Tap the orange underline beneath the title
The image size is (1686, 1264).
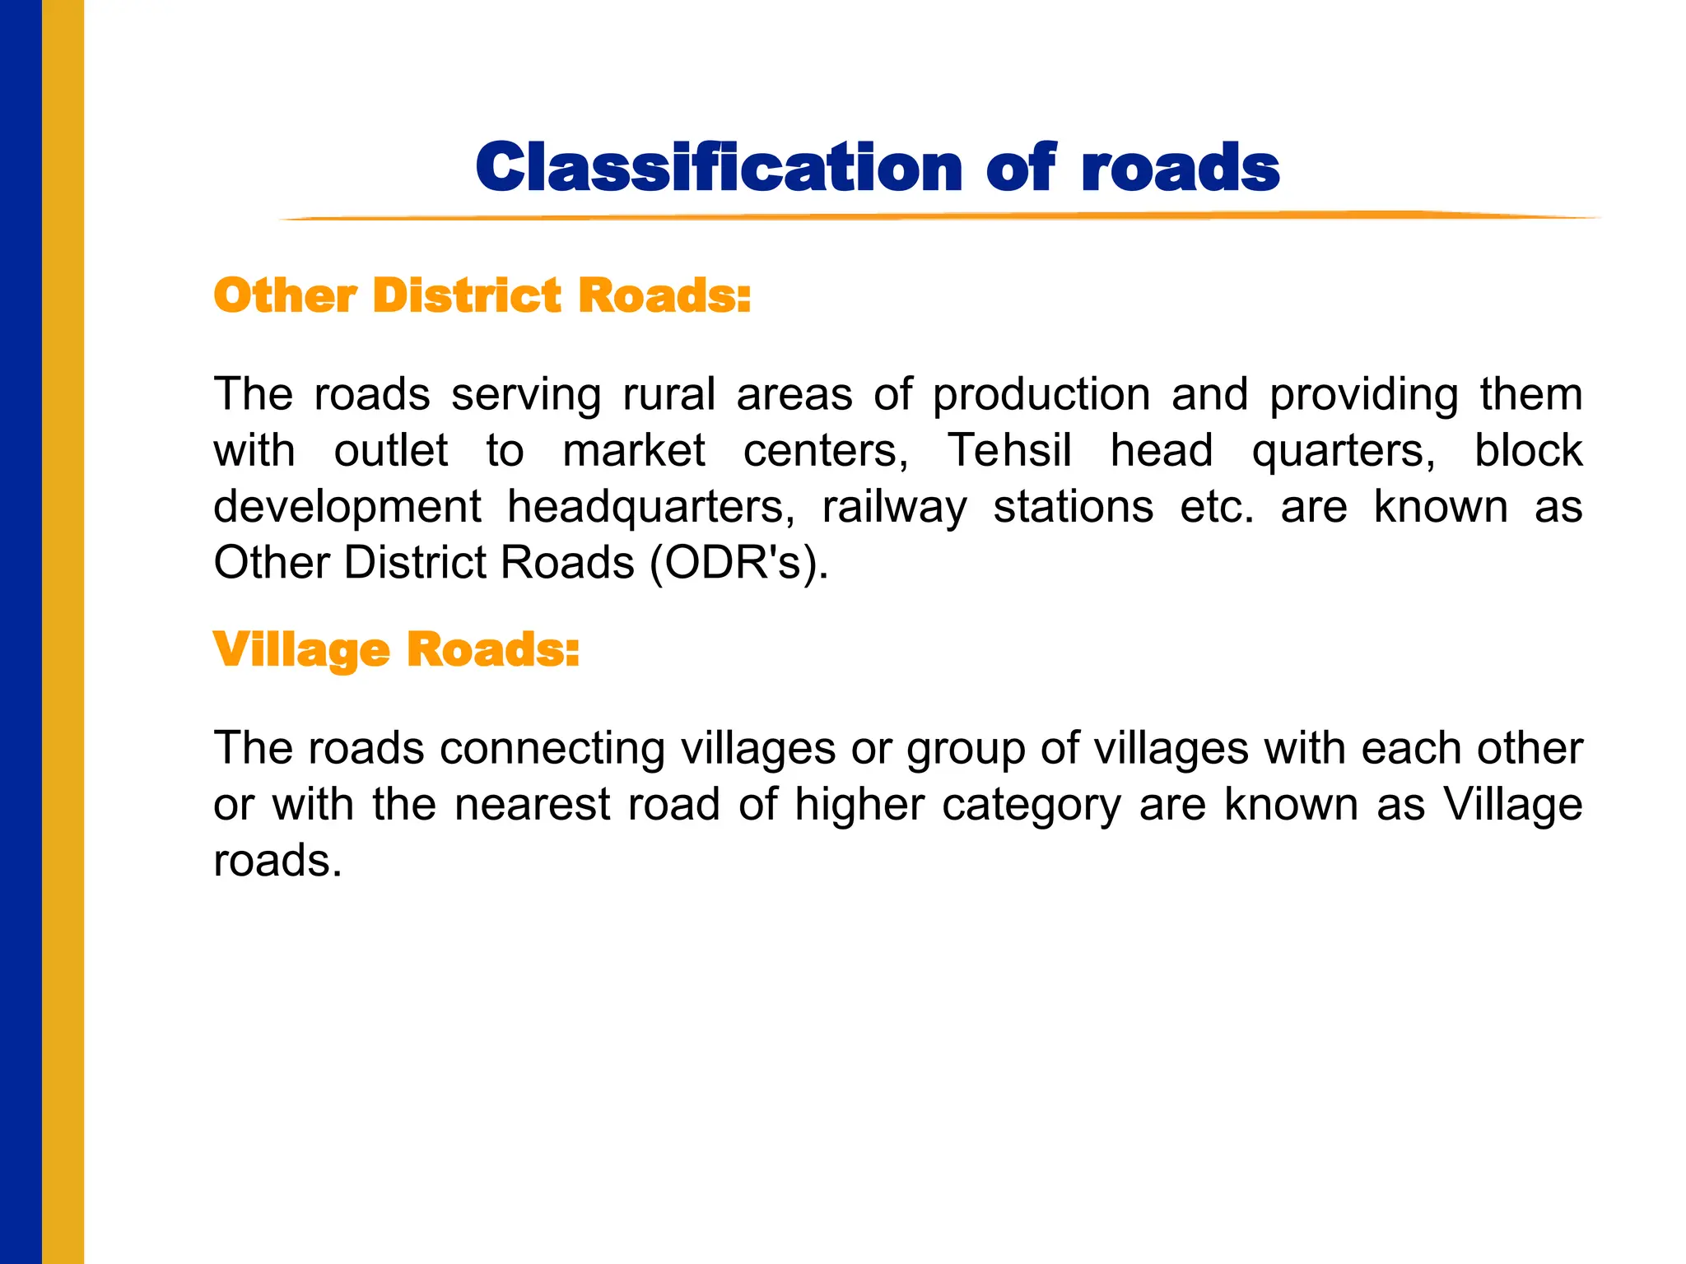(938, 217)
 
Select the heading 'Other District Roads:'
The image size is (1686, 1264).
(482, 295)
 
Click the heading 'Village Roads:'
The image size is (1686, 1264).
(396, 650)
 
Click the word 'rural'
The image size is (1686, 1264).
(668, 394)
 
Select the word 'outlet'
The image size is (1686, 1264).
(391, 451)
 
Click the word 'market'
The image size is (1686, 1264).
(634, 451)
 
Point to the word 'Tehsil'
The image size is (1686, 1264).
(1009, 451)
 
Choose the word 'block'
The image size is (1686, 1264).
(1528, 451)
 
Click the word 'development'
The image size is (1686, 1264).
(347, 508)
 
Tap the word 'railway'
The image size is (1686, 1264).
(894, 508)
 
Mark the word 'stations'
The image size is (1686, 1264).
(1074, 506)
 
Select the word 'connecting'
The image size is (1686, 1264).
(552, 750)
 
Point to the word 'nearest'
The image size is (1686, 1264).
(532, 804)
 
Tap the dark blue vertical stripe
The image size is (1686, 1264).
(21, 632)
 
